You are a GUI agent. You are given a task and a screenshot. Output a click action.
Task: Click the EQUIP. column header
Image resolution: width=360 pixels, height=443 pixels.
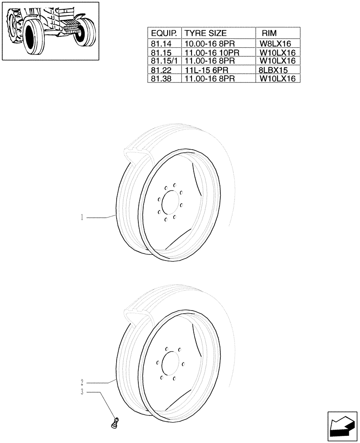(x=164, y=33)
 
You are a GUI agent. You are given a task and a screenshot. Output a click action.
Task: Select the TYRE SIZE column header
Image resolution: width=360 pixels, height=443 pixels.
(x=205, y=33)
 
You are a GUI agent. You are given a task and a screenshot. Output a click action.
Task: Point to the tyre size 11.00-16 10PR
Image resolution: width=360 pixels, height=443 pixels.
(x=211, y=52)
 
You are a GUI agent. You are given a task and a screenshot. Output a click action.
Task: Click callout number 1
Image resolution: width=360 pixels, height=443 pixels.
(x=82, y=217)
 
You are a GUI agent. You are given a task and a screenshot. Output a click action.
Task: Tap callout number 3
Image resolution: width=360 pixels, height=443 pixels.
(x=82, y=392)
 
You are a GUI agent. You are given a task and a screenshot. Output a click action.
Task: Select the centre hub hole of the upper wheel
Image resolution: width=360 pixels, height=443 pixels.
(x=169, y=202)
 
